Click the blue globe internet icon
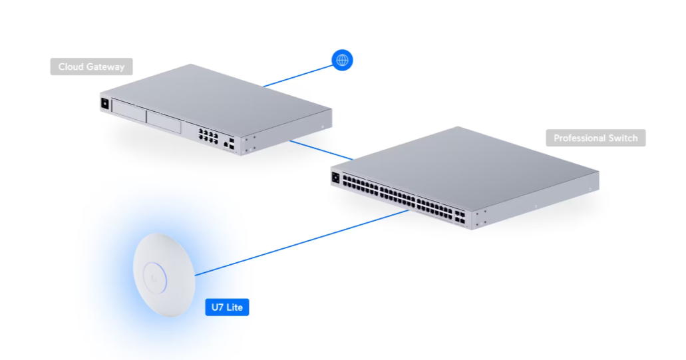(342, 60)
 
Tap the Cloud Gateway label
(91, 67)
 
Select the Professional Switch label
(596, 138)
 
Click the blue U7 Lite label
(227, 307)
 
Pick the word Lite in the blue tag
(234, 307)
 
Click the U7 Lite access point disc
(164, 275)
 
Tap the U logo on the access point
(154, 277)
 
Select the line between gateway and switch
(321, 150)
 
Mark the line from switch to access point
(302, 243)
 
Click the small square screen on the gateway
(105, 104)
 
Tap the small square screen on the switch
(335, 178)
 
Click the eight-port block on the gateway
(208, 136)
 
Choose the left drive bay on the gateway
(128, 110)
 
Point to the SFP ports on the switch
(460, 218)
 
